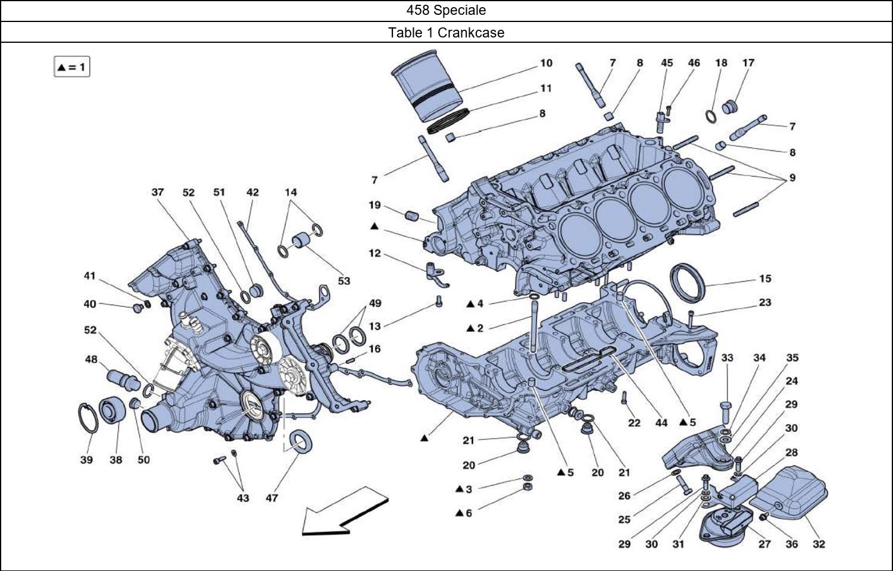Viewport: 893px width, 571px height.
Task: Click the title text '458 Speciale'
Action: click(x=446, y=10)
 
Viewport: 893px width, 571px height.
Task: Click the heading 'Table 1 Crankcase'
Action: click(x=446, y=33)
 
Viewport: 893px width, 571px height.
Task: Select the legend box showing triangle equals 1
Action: click(x=71, y=67)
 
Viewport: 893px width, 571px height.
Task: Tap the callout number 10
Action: click(x=546, y=63)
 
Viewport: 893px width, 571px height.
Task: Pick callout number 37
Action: click(x=157, y=192)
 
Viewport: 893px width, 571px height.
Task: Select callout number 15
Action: click(x=765, y=278)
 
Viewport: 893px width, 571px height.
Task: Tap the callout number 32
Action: click(x=819, y=544)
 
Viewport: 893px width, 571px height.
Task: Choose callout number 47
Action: click(x=271, y=498)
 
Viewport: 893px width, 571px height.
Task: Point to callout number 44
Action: click(x=661, y=422)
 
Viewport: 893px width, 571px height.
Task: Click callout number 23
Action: click(x=765, y=302)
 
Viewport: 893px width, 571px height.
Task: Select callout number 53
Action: click(x=344, y=281)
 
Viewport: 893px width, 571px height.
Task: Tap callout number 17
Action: click(x=748, y=62)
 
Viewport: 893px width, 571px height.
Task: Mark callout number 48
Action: click(x=91, y=359)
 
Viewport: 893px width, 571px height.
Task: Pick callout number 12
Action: click(x=374, y=253)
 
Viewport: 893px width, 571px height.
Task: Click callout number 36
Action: click(x=792, y=544)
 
